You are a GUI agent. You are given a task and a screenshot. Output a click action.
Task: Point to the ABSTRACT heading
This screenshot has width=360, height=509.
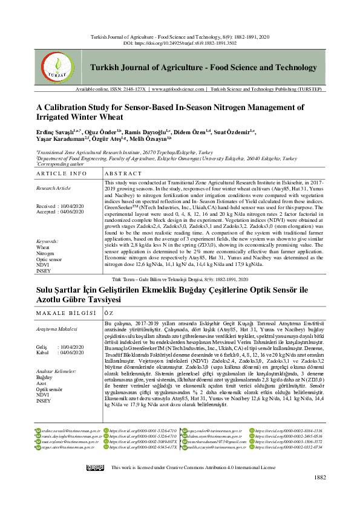coord(123,173)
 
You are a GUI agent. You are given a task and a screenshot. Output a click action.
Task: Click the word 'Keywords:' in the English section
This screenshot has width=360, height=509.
coord(47,241)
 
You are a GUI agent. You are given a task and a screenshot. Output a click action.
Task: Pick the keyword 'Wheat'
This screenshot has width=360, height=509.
coord(43,247)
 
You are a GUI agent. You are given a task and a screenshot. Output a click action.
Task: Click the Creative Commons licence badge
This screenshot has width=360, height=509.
coord(95,468)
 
